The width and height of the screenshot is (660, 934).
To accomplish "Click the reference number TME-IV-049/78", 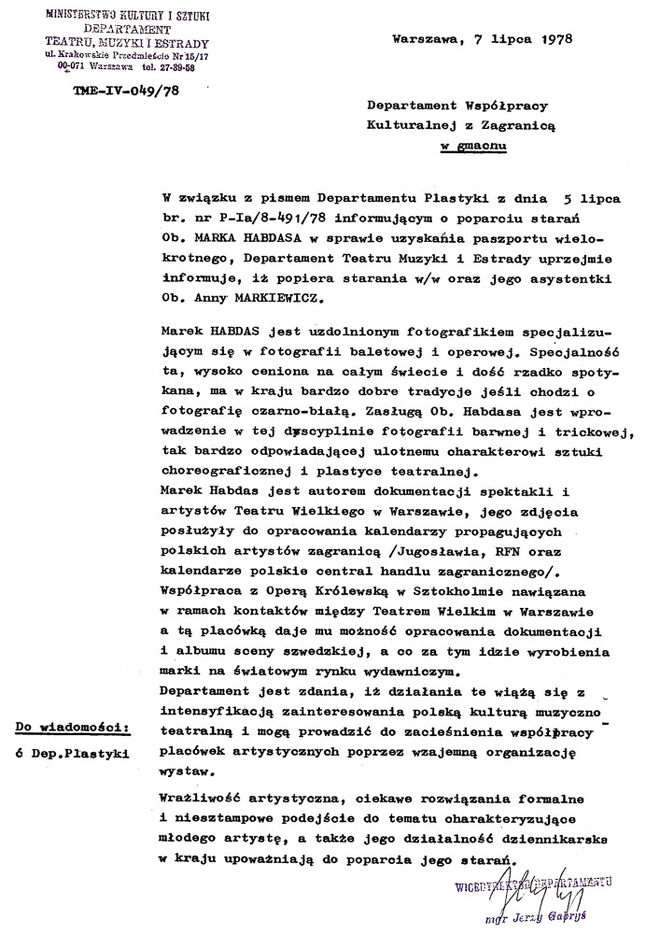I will (x=111, y=91).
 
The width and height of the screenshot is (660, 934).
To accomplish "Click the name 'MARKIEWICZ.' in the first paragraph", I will (x=284, y=298).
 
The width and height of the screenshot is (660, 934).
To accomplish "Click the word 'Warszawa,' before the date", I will (x=425, y=40).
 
